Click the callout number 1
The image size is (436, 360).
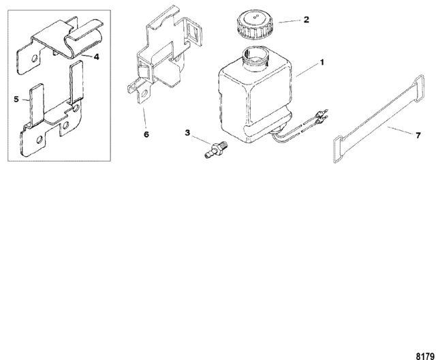pos(322,63)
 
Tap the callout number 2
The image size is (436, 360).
pos(306,20)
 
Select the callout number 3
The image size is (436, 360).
pos(187,133)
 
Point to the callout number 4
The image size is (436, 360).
pos(96,57)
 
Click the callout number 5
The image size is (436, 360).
pos(16,99)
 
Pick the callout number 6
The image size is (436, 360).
pos(146,134)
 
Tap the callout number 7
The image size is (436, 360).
pos(418,135)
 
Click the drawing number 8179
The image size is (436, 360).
pos(425,356)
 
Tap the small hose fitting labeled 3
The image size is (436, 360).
pos(216,149)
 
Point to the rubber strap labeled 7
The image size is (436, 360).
pos(379,119)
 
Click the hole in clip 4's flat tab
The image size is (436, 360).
pos(35,59)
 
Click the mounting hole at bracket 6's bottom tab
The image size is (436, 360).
pos(144,93)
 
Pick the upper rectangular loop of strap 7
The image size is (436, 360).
pos(418,87)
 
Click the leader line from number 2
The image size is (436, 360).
pos(290,21)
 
